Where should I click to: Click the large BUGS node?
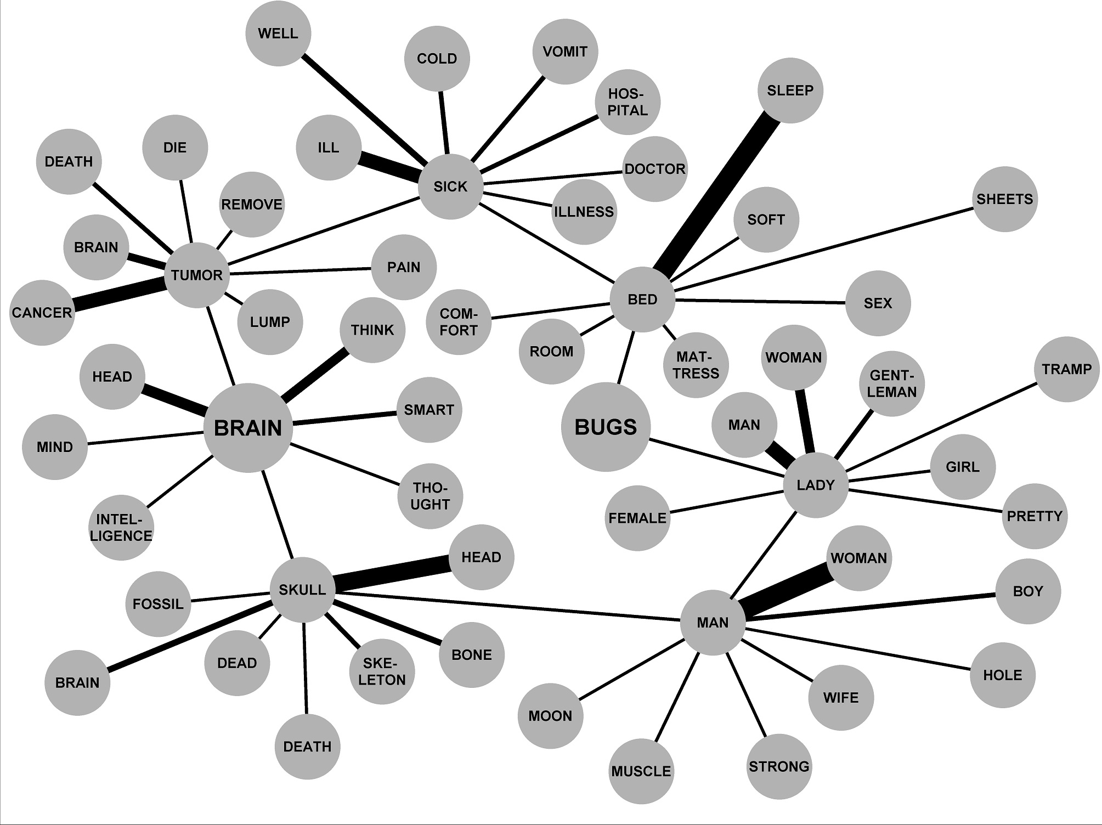606,427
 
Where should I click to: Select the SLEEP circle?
790,91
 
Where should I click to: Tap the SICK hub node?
450,187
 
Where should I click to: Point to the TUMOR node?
196,275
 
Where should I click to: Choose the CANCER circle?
42,313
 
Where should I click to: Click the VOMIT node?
565,52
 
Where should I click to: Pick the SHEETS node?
1004,199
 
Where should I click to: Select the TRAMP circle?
1066,369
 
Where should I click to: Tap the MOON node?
550,716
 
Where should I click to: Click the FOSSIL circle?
158,604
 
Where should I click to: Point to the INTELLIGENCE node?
121,528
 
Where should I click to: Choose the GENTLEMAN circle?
892,383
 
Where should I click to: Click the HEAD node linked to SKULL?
481,557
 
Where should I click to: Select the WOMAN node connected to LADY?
794,358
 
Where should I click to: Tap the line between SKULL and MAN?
507,606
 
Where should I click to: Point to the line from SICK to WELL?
364,109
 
